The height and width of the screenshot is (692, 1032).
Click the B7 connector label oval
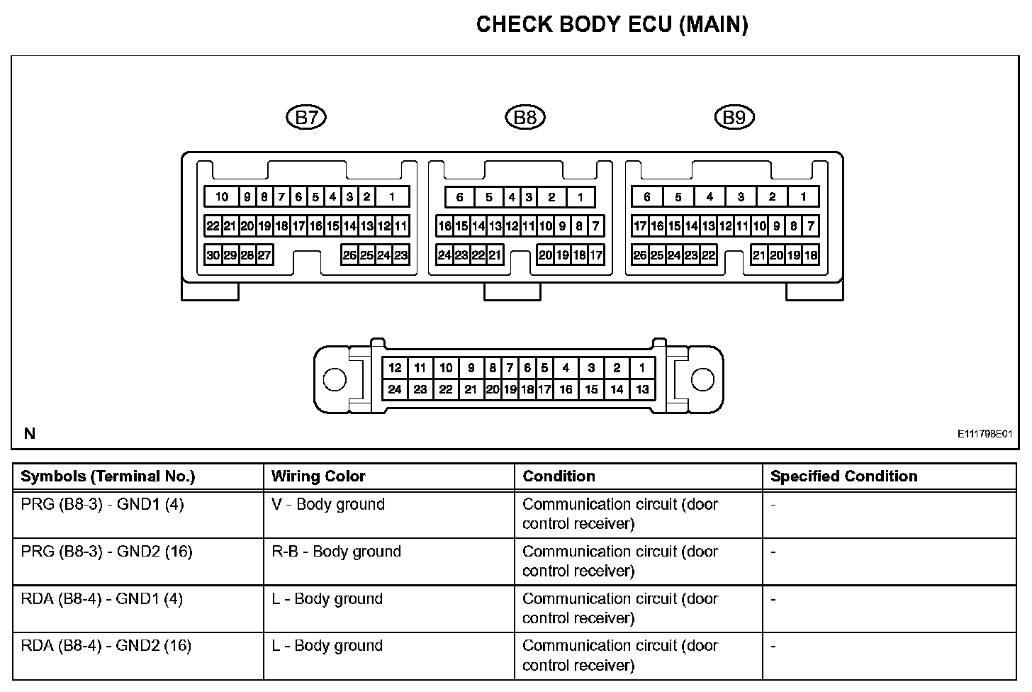click(x=306, y=117)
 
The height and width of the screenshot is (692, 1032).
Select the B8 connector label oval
click(x=525, y=117)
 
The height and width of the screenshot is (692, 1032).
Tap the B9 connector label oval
click(x=734, y=117)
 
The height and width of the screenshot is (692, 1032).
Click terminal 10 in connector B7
click(x=222, y=197)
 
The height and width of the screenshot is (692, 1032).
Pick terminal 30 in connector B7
click(x=213, y=255)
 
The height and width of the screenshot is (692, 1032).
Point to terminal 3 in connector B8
click(x=529, y=197)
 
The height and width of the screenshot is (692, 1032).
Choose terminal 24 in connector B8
click(x=444, y=255)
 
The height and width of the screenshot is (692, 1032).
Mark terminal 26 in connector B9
click(x=640, y=255)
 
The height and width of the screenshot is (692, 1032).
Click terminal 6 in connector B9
click(x=647, y=197)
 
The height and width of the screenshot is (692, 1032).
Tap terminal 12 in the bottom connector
click(x=395, y=367)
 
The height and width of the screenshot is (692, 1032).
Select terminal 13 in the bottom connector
click(x=642, y=389)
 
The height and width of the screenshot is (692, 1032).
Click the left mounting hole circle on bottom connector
click(x=335, y=379)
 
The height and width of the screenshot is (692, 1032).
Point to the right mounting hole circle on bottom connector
click(x=702, y=379)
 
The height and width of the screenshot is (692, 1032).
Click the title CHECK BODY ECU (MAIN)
click(x=612, y=25)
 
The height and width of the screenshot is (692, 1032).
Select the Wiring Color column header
click(x=318, y=476)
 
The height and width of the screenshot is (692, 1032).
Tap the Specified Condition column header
click(x=843, y=476)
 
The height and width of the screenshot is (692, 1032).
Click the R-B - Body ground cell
click(x=336, y=552)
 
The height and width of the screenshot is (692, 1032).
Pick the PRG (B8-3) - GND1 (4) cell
click(x=103, y=505)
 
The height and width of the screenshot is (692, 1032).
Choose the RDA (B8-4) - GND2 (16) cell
click(x=106, y=646)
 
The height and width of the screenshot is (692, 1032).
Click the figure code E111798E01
click(x=985, y=434)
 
